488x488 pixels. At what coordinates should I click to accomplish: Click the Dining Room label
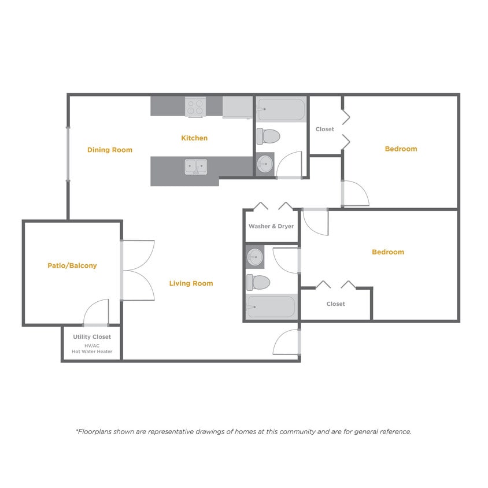pyautogui.click(x=110, y=150)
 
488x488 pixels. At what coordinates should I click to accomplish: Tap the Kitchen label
pyautogui.click(x=194, y=138)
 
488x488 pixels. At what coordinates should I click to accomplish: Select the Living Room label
pyautogui.click(x=191, y=283)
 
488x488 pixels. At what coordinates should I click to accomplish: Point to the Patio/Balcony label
pyautogui.click(x=72, y=266)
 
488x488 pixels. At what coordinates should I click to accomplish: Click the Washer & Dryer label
pyautogui.click(x=271, y=226)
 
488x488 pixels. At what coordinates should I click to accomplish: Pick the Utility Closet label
pyautogui.click(x=92, y=337)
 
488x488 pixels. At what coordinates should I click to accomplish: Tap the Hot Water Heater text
pyautogui.click(x=92, y=352)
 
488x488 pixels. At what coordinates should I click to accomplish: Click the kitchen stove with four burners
pyautogui.click(x=195, y=107)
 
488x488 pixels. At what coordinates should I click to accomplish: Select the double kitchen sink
pyautogui.click(x=195, y=167)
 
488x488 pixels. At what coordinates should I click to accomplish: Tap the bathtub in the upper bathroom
pyautogui.click(x=281, y=109)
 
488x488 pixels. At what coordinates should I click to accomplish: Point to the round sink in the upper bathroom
pyautogui.click(x=265, y=164)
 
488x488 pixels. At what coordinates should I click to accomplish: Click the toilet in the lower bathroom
pyautogui.click(x=258, y=282)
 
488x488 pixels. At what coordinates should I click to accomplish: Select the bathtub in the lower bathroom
pyautogui.click(x=271, y=306)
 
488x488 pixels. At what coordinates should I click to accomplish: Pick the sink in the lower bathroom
pyautogui.click(x=255, y=256)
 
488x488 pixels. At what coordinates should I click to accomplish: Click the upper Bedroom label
pyautogui.click(x=401, y=149)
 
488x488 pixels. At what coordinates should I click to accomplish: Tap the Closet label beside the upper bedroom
pyautogui.click(x=324, y=129)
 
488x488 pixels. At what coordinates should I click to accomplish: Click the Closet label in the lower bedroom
pyautogui.click(x=335, y=304)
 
